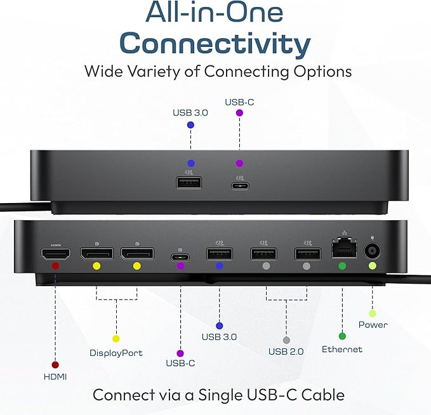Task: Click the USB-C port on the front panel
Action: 239,185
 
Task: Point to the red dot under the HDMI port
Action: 55,266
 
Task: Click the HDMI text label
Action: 55,377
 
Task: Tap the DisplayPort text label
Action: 116,353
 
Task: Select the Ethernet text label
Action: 342,349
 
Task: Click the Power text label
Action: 373,325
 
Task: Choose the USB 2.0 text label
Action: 286,352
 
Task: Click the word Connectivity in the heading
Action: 215,44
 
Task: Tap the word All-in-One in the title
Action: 215,13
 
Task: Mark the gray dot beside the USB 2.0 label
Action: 286,340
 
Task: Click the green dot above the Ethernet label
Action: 342,336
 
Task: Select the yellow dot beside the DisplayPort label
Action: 116,339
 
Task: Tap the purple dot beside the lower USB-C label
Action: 180,353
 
